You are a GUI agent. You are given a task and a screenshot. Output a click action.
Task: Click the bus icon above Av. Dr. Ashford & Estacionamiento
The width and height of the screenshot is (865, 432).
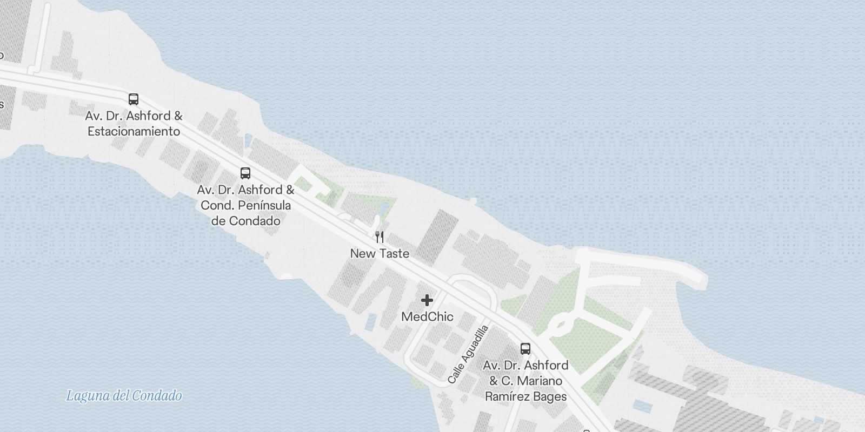[x=134, y=99]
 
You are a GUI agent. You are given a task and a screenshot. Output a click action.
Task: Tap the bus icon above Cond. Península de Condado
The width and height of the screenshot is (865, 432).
[x=245, y=173]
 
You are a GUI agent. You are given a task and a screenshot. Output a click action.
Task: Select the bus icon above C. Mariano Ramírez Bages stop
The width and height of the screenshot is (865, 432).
[x=525, y=349]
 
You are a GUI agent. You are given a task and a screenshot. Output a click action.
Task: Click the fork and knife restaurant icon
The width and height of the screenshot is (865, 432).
[x=380, y=237]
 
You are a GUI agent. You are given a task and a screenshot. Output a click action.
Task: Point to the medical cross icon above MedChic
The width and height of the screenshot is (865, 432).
[x=427, y=300]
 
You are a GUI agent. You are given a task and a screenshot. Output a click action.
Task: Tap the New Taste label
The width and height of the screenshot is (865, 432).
[x=380, y=253]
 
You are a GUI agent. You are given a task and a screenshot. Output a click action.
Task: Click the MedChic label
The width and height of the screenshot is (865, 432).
[x=427, y=316]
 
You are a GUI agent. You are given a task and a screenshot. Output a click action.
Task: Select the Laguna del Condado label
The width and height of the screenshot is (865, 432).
[x=124, y=396]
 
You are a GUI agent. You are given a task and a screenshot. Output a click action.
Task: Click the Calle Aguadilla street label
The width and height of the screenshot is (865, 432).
[x=468, y=354]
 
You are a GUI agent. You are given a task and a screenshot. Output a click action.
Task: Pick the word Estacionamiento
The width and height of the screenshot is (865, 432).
[x=134, y=131]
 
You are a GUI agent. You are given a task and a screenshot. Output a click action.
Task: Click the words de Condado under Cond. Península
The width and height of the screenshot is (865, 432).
[x=245, y=221]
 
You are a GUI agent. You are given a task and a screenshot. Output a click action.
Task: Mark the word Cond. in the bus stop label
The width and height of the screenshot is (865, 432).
[x=216, y=205]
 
